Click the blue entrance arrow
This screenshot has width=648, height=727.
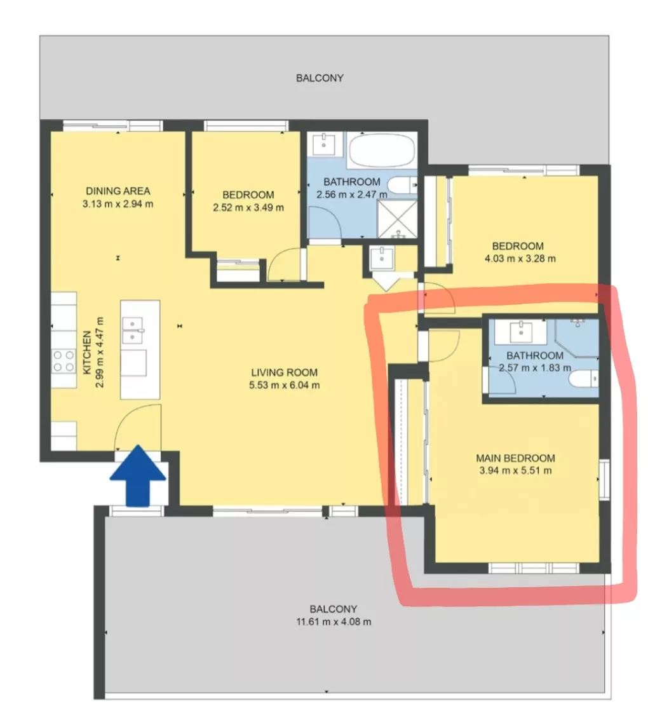pyautogui.click(x=138, y=475)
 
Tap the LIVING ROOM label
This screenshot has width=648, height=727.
pyautogui.click(x=284, y=372)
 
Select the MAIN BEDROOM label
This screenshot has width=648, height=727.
pyautogui.click(x=515, y=458)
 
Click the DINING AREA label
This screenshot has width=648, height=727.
pyautogui.click(x=118, y=191)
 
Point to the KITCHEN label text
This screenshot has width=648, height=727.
pyautogui.click(x=87, y=353)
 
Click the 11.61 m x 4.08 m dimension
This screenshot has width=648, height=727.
pyautogui.click(x=334, y=622)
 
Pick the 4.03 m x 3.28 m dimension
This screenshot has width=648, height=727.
pyautogui.click(x=520, y=258)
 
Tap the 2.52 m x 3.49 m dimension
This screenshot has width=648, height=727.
pyautogui.click(x=248, y=207)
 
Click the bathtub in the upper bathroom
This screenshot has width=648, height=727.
pyautogui.click(x=381, y=149)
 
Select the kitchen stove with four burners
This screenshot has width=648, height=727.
pyautogui.click(x=64, y=361)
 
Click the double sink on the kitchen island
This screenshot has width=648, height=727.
pyautogui.click(x=133, y=330)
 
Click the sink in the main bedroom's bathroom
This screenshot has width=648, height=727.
pyautogui.click(x=520, y=331)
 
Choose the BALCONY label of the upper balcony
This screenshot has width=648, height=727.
pyautogui.click(x=320, y=78)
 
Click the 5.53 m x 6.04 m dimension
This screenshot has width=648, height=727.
pyautogui.click(x=284, y=385)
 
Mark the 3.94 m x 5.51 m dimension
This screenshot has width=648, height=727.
pyautogui.click(x=515, y=471)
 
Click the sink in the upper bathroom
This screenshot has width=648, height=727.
pyautogui.click(x=324, y=144)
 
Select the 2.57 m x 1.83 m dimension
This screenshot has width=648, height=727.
pyautogui.click(x=535, y=368)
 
